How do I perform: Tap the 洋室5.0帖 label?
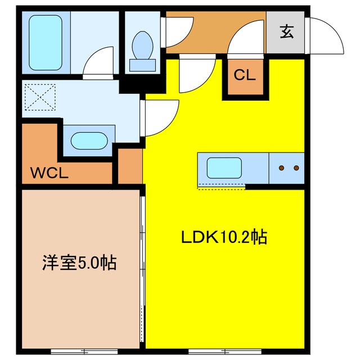coord(79,262)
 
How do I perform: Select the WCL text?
coord(49,173)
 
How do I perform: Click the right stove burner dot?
coord(295,168)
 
